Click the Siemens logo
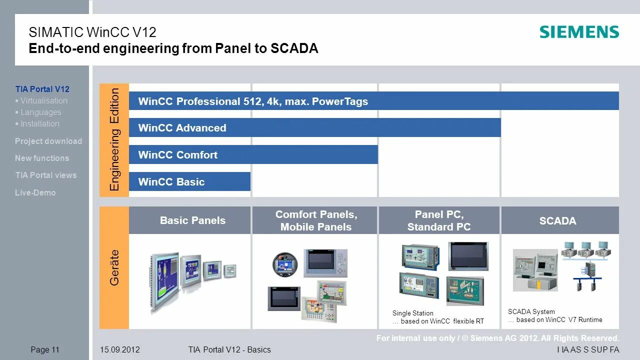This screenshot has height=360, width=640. coord(579,32)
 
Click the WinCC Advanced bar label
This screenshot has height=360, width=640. coord(182,128)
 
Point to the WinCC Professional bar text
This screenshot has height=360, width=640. coord(253,101)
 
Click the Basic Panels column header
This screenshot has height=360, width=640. coord(192,220)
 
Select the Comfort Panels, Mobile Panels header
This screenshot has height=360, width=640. coord(316,220)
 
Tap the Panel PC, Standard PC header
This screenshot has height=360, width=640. coord(439,220)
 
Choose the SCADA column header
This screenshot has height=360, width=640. coord(557,221)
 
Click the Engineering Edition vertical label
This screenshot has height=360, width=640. coord(115,139)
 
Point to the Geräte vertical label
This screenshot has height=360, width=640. coord(115,267)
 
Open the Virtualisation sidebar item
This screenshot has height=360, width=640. coord(44,100)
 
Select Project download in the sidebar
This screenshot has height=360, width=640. coord(48,141)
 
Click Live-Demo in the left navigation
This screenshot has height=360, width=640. coord(35,192)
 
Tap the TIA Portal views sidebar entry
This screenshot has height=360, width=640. coord(46,175)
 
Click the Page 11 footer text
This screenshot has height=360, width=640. coord(45,350)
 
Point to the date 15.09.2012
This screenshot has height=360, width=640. coord(120,350)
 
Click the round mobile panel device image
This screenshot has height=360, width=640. coord(284,264)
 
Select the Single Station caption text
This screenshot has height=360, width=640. coord(413,313)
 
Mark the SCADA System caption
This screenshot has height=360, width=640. coord(531,311)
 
